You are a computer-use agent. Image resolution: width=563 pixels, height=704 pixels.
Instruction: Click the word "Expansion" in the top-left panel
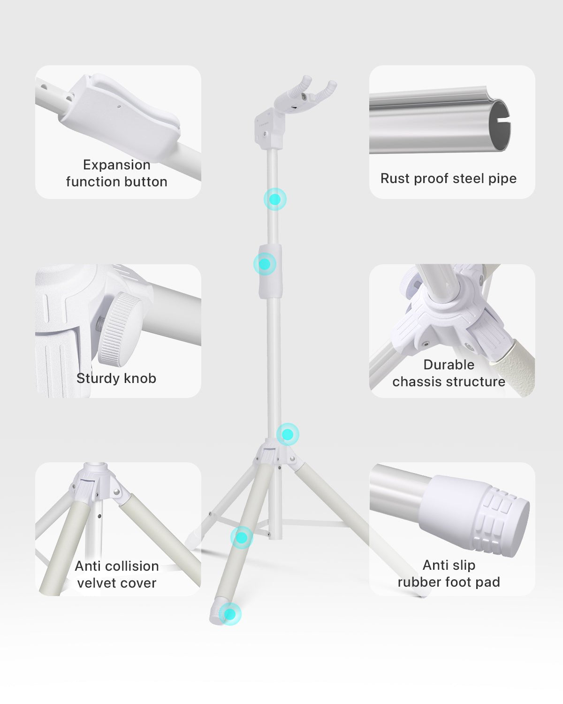117,165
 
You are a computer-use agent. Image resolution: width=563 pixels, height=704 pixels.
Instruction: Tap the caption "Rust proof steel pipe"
449,179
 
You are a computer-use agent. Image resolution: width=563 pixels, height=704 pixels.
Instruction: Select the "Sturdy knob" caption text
116,378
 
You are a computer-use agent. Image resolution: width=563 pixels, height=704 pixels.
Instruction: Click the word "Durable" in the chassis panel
449,365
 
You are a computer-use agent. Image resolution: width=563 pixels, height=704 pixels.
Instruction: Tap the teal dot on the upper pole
275,199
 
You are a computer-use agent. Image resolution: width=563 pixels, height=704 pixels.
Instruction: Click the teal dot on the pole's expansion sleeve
265,264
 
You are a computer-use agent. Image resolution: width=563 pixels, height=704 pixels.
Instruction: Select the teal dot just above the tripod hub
288,435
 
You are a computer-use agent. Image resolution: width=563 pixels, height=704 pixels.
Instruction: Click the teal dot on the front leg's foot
230,614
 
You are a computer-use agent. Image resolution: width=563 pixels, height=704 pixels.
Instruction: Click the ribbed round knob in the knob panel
121,329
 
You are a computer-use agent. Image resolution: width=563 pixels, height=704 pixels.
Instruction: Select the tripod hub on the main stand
275,452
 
